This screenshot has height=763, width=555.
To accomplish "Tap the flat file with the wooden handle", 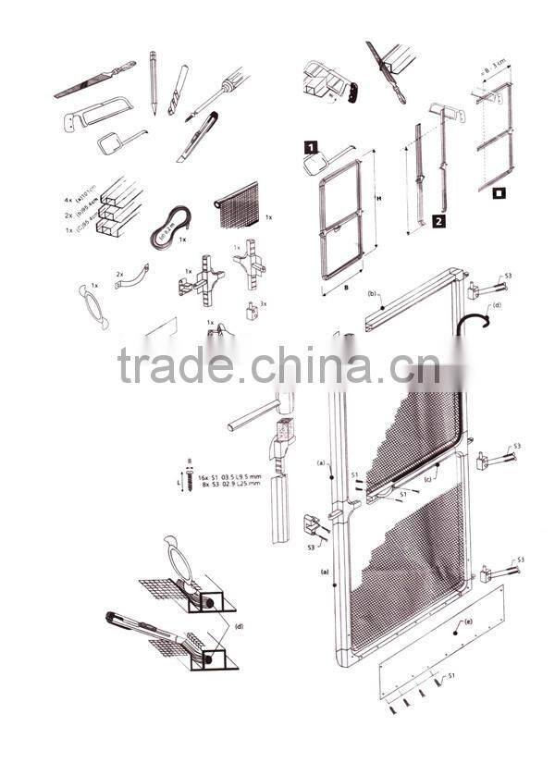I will pos(93,80).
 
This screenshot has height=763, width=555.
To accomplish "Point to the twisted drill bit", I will pos(179,89).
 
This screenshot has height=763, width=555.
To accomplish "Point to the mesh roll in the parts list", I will pos(239,207).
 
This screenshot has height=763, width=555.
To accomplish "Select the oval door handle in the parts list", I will pos(94,304).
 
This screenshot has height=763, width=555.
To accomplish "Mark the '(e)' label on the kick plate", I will pos(468,621).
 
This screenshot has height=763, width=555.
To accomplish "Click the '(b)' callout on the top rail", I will pos(371,294).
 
